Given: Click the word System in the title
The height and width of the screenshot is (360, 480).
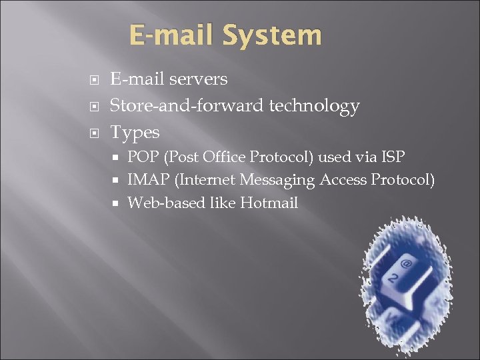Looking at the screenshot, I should point(273,35).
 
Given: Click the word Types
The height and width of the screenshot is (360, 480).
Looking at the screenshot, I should point(135,133).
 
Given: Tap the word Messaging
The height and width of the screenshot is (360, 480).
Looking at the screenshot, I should point(278,179).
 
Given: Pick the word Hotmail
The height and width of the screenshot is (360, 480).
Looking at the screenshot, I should point(269,203).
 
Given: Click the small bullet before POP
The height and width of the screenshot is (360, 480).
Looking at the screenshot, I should point(116,157).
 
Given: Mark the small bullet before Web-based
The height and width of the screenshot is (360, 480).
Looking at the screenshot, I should point(116,203).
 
